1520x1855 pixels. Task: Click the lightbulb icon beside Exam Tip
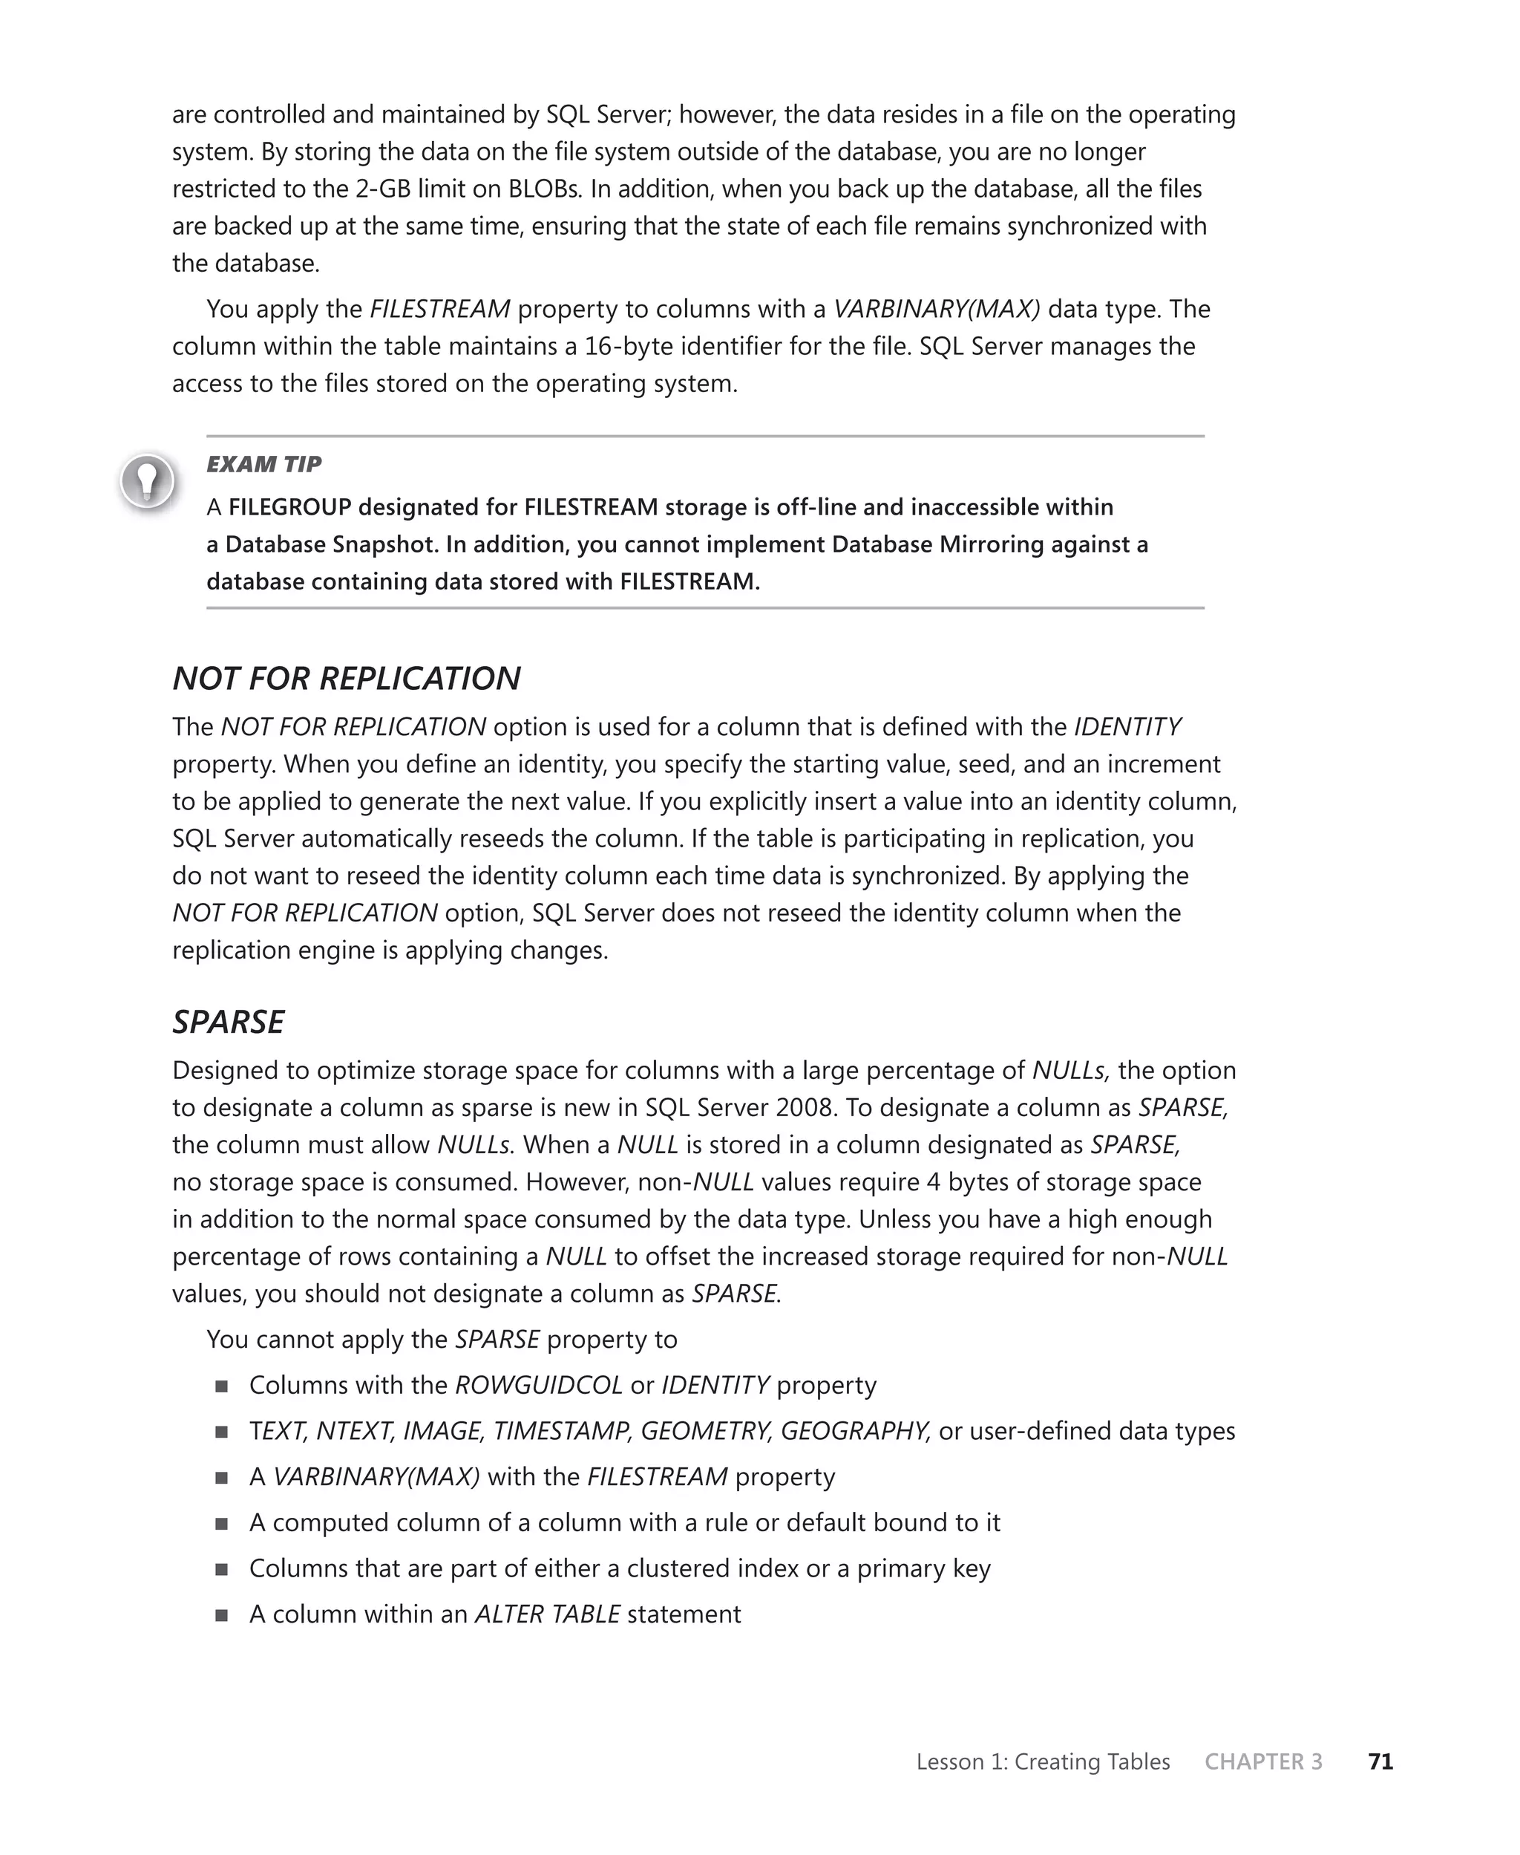tap(148, 480)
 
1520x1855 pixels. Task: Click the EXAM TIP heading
tap(263, 464)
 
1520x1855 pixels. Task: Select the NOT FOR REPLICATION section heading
tap(346, 679)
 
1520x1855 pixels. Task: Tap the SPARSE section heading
tap(228, 1022)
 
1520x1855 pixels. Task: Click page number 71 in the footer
tap(1380, 1761)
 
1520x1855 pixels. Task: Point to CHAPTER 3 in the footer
tap(1262, 1761)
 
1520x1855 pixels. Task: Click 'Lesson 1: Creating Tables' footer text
tap(1042, 1761)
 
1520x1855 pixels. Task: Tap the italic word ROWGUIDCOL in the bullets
tap(539, 1386)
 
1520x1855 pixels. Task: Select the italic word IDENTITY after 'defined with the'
tap(1127, 727)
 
